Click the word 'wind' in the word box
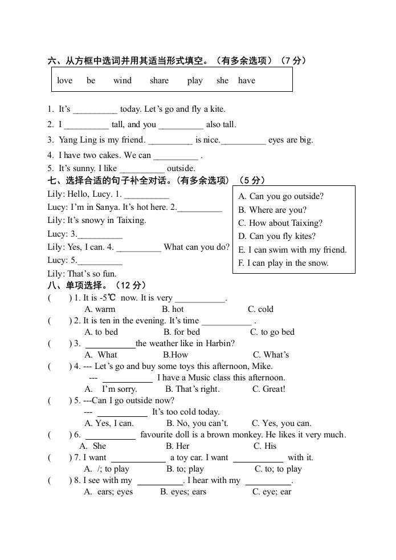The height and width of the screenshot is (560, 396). [x=122, y=80]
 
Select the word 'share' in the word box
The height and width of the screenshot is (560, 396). [x=159, y=80]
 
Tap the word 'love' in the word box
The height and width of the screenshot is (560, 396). [x=65, y=80]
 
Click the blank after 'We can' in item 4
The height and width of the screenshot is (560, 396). [x=176, y=155]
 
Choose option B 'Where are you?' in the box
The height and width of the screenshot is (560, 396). [x=272, y=210]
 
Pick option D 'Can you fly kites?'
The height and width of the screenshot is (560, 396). [x=277, y=236]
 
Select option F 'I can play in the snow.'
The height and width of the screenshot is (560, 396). [x=283, y=263]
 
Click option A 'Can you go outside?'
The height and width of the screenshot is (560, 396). [x=281, y=196]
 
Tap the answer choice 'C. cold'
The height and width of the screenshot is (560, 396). [x=260, y=309]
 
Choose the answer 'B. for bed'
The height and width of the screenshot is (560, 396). [x=182, y=332]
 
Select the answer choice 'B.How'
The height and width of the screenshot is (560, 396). [x=175, y=355]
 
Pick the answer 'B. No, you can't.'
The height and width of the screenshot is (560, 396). [x=197, y=423]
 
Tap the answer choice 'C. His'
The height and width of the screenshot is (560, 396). [x=265, y=446]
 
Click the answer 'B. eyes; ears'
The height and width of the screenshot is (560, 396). [x=183, y=492]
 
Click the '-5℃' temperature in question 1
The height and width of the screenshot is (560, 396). [x=108, y=298]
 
